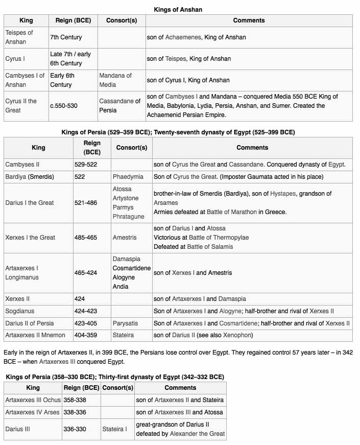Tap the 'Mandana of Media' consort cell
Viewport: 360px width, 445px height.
click(x=115, y=80)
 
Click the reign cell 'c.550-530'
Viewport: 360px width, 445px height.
click(x=64, y=106)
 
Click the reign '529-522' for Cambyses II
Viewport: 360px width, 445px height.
click(x=85, y=165)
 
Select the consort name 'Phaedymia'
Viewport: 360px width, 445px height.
click(x=128, y=177)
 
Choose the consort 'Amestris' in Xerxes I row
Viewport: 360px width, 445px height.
click(x=125, y=237)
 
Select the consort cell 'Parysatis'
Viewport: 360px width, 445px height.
click(x=127, y=323)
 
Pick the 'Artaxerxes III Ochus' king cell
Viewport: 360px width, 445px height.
click(x=32, y=400)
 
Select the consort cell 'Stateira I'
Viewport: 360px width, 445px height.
click(x=115, y=429)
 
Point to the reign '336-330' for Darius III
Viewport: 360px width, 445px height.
click(x=75, y=429)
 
